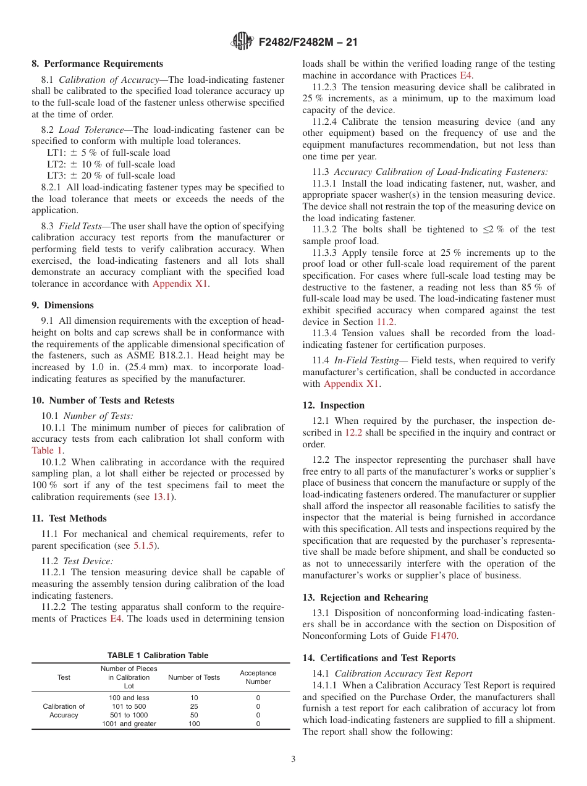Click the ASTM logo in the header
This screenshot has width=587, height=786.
242,41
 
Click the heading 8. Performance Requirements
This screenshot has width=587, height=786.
98,64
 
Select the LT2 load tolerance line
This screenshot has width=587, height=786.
111,164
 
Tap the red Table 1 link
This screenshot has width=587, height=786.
47,450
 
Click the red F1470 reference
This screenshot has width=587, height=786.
443,636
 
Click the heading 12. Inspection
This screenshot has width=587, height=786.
334,405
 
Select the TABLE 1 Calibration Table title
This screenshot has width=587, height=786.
158,656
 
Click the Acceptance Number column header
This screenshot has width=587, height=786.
258,677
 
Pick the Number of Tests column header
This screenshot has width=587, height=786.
194,677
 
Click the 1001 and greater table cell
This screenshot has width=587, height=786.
129,724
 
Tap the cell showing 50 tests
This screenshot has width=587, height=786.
194,715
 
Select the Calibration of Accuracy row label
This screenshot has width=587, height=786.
64,711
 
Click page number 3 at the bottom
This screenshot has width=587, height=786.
293,759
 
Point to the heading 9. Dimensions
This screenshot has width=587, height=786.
63,305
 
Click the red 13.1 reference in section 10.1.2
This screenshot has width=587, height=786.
161,497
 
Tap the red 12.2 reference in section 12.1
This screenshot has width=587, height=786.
353,433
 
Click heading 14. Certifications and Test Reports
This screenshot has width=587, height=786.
379,658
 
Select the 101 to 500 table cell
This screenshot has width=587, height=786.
129,706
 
